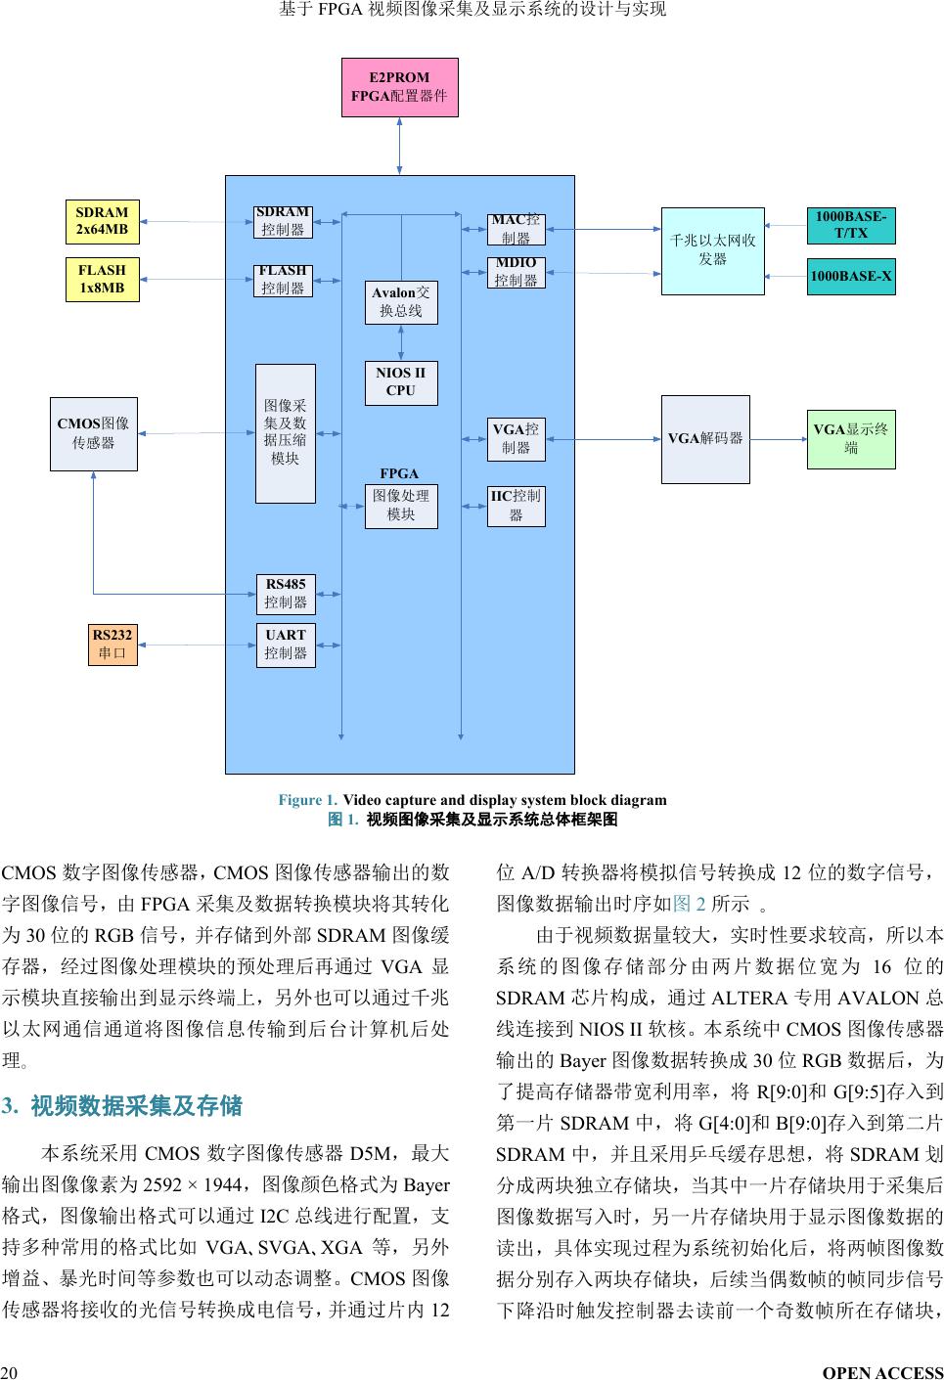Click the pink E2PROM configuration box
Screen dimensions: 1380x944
coord(399,87)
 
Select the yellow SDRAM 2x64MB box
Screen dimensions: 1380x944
coord(102,221)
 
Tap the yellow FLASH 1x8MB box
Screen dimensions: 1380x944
coord(102,280)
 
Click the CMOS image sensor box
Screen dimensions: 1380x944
coord(94,433)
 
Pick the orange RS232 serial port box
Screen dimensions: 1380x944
coord(112,645)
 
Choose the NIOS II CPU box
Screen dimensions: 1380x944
coord(401,381)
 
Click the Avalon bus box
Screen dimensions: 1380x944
coord(401,302)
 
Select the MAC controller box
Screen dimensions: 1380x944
coord(516,229)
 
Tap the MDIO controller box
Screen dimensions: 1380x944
coord(516,272)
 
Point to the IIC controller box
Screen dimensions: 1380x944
coord(516,506)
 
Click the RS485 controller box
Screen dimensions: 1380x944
coord(286,594)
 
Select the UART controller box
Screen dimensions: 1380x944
coord(286,645)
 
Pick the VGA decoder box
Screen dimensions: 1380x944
coord(705,438)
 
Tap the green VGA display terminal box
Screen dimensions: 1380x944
coord(850,438)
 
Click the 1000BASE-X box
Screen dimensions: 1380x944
coord(850,277)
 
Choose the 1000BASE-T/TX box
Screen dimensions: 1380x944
coord(850,225)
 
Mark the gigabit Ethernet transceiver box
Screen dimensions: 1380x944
coord(712,250)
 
